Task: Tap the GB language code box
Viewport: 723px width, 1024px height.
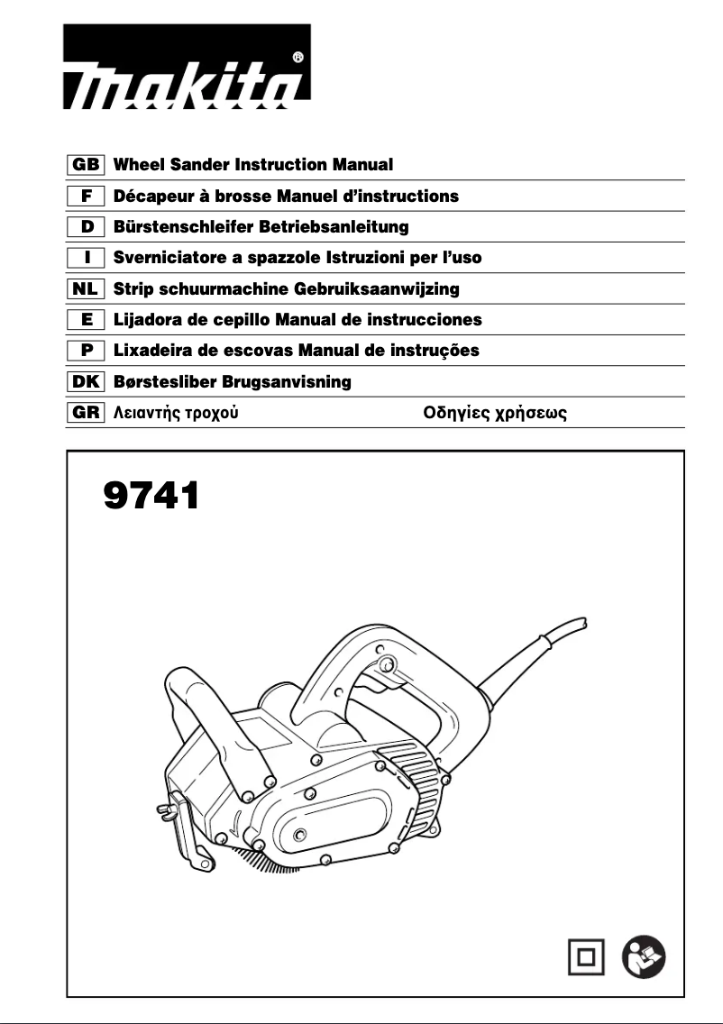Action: [x=87, y=165]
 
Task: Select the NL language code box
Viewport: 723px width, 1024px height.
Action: [x=87, y=289]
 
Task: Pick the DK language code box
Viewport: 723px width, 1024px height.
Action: [x=87, y=382]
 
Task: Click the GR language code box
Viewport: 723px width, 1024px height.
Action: [x=87, y=414]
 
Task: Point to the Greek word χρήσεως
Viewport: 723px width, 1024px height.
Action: [x=531, y=414]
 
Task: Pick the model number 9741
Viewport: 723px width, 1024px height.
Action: [x=150, y=494]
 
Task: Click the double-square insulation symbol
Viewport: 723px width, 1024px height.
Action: [x=587, y=956]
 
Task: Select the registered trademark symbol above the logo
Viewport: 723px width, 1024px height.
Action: [x=298, y=56]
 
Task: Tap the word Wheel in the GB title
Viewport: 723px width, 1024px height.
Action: [x=140, y=165]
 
